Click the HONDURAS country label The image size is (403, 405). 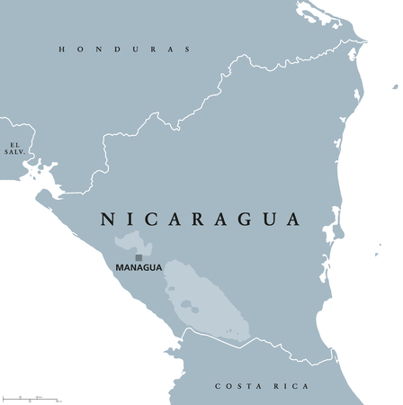[125, 49]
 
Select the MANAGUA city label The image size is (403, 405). [139, 267]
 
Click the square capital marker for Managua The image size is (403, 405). [139, 256]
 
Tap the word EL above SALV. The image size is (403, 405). [13, 144]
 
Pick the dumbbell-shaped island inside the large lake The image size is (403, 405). [189, 306]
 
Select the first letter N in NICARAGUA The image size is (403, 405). [105, 219]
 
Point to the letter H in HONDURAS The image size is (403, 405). [62, 49]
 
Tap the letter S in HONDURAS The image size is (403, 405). [187, 49]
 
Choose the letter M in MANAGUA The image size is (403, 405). [120, 267]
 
